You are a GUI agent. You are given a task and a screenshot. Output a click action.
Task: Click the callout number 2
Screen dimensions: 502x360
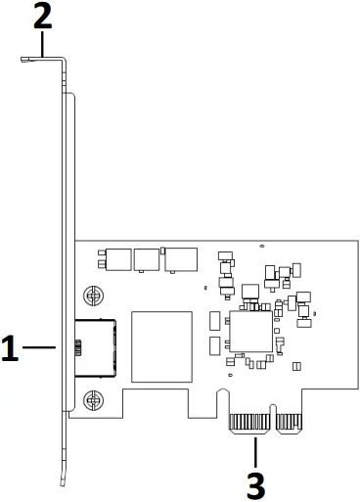point(43,16)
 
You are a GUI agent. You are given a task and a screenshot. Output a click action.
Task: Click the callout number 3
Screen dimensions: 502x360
point(255,484)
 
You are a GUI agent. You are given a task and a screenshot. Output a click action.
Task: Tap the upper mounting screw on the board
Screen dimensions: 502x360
point(94,294)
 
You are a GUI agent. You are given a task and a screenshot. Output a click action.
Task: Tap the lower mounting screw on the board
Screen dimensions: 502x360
point(94,398)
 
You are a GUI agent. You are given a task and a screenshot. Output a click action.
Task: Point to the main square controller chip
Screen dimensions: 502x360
point(250,333)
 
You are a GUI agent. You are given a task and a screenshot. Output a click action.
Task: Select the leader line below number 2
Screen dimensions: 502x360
point(43,43)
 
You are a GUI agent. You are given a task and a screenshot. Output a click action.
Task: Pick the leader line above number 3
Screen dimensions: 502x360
point(255,451)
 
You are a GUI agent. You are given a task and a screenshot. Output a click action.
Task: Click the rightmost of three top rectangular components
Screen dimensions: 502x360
point(180,258)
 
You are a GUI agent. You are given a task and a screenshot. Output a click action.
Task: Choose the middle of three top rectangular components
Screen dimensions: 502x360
point(147,259)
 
